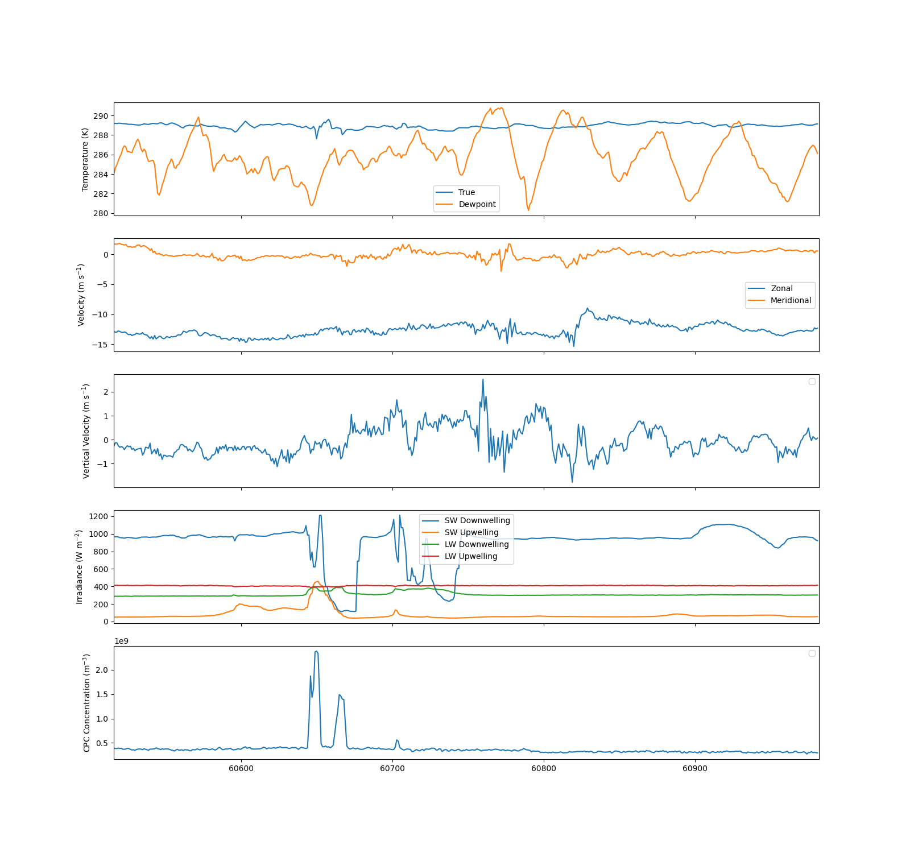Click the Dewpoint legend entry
[466, 204]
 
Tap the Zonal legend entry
[770, 288]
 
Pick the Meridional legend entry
[779, 300]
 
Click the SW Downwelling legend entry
[466, 520]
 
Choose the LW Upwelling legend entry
[460, 556]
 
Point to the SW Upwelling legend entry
[460, 532]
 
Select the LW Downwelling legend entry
[465, 544]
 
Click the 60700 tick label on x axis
[392, 769]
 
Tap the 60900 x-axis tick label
[695, 769]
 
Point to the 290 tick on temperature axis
[101, 116]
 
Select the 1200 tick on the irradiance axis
[98, 516]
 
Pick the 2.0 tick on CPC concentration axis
[102, 670]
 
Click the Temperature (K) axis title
[85, 159]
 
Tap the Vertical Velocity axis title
[86, 431]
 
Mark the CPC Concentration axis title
[86, 703]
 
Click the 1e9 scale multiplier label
[122, 641]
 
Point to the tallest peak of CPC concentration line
[316, 651]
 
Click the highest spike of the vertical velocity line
[483, 379]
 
